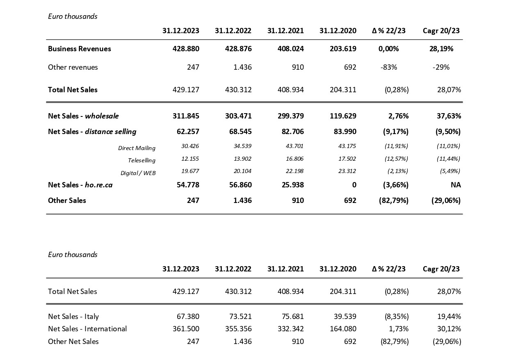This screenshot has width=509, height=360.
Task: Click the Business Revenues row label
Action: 79,49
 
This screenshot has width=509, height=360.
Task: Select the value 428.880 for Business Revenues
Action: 186,49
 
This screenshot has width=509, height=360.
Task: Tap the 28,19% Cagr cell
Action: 441,49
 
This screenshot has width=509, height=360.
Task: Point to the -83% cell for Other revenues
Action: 389,67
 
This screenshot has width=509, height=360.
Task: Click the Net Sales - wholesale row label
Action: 83,116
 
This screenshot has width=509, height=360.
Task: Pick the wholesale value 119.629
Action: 343,116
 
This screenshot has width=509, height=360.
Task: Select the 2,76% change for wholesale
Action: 398,116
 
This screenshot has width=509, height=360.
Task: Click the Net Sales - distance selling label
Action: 92,132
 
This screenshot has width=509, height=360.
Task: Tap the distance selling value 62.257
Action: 188,132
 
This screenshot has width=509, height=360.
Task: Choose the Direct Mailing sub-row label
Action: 137,148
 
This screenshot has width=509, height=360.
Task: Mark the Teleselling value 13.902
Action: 242,159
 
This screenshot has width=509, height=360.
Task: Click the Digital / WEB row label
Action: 138,173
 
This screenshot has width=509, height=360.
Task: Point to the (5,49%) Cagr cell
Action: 450,171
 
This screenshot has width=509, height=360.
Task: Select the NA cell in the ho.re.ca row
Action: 456,185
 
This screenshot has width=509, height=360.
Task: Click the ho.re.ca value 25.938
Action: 293,185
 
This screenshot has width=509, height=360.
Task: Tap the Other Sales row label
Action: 67,201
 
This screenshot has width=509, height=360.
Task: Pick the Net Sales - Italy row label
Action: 73,317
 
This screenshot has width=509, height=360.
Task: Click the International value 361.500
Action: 186,329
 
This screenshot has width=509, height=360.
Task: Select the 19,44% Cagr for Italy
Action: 449,317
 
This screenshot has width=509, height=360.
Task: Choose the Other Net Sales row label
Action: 73,342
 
